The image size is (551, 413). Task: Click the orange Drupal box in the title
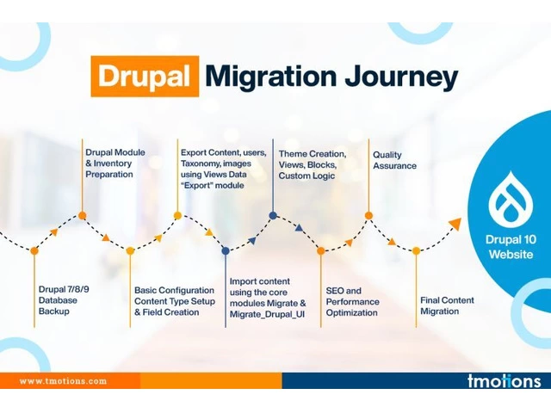point(145,77)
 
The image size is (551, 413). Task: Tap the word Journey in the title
point(401,78)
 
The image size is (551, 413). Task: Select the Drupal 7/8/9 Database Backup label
point(64,300)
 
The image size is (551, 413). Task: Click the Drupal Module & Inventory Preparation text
point(115,163)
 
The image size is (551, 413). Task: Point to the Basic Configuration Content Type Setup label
point(175,301)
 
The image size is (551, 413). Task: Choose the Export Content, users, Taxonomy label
point(224,169)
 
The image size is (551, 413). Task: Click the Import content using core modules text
point(268,298)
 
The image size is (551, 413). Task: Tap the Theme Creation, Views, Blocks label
point(313,164)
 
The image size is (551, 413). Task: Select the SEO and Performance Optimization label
point(352,302)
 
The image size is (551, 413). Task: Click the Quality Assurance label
point(394,160)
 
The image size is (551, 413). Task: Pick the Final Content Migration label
point(447,305)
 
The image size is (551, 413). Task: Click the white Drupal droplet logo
point(511,200)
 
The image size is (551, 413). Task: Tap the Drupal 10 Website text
point(511,247)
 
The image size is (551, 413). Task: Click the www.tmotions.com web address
point(63,381)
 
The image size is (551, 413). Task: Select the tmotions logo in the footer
point(504,380)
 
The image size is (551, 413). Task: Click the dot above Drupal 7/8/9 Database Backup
point(34,250)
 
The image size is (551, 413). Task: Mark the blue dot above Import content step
point(226,250)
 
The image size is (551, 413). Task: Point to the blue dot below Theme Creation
point(273,216)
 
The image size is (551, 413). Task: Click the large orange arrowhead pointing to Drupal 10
point(455,224)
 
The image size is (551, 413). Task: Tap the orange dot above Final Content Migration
point(416,250)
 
